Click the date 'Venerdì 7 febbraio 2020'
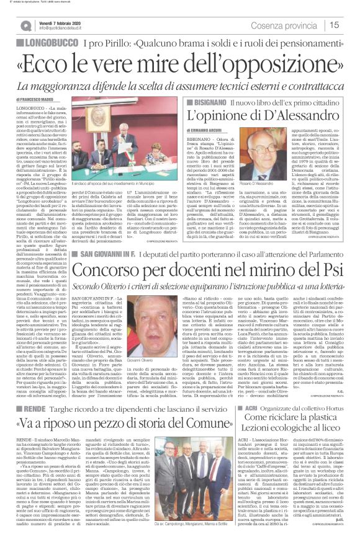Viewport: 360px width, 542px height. pos(59,22)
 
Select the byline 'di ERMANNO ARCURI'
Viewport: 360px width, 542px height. pos(215,128)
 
